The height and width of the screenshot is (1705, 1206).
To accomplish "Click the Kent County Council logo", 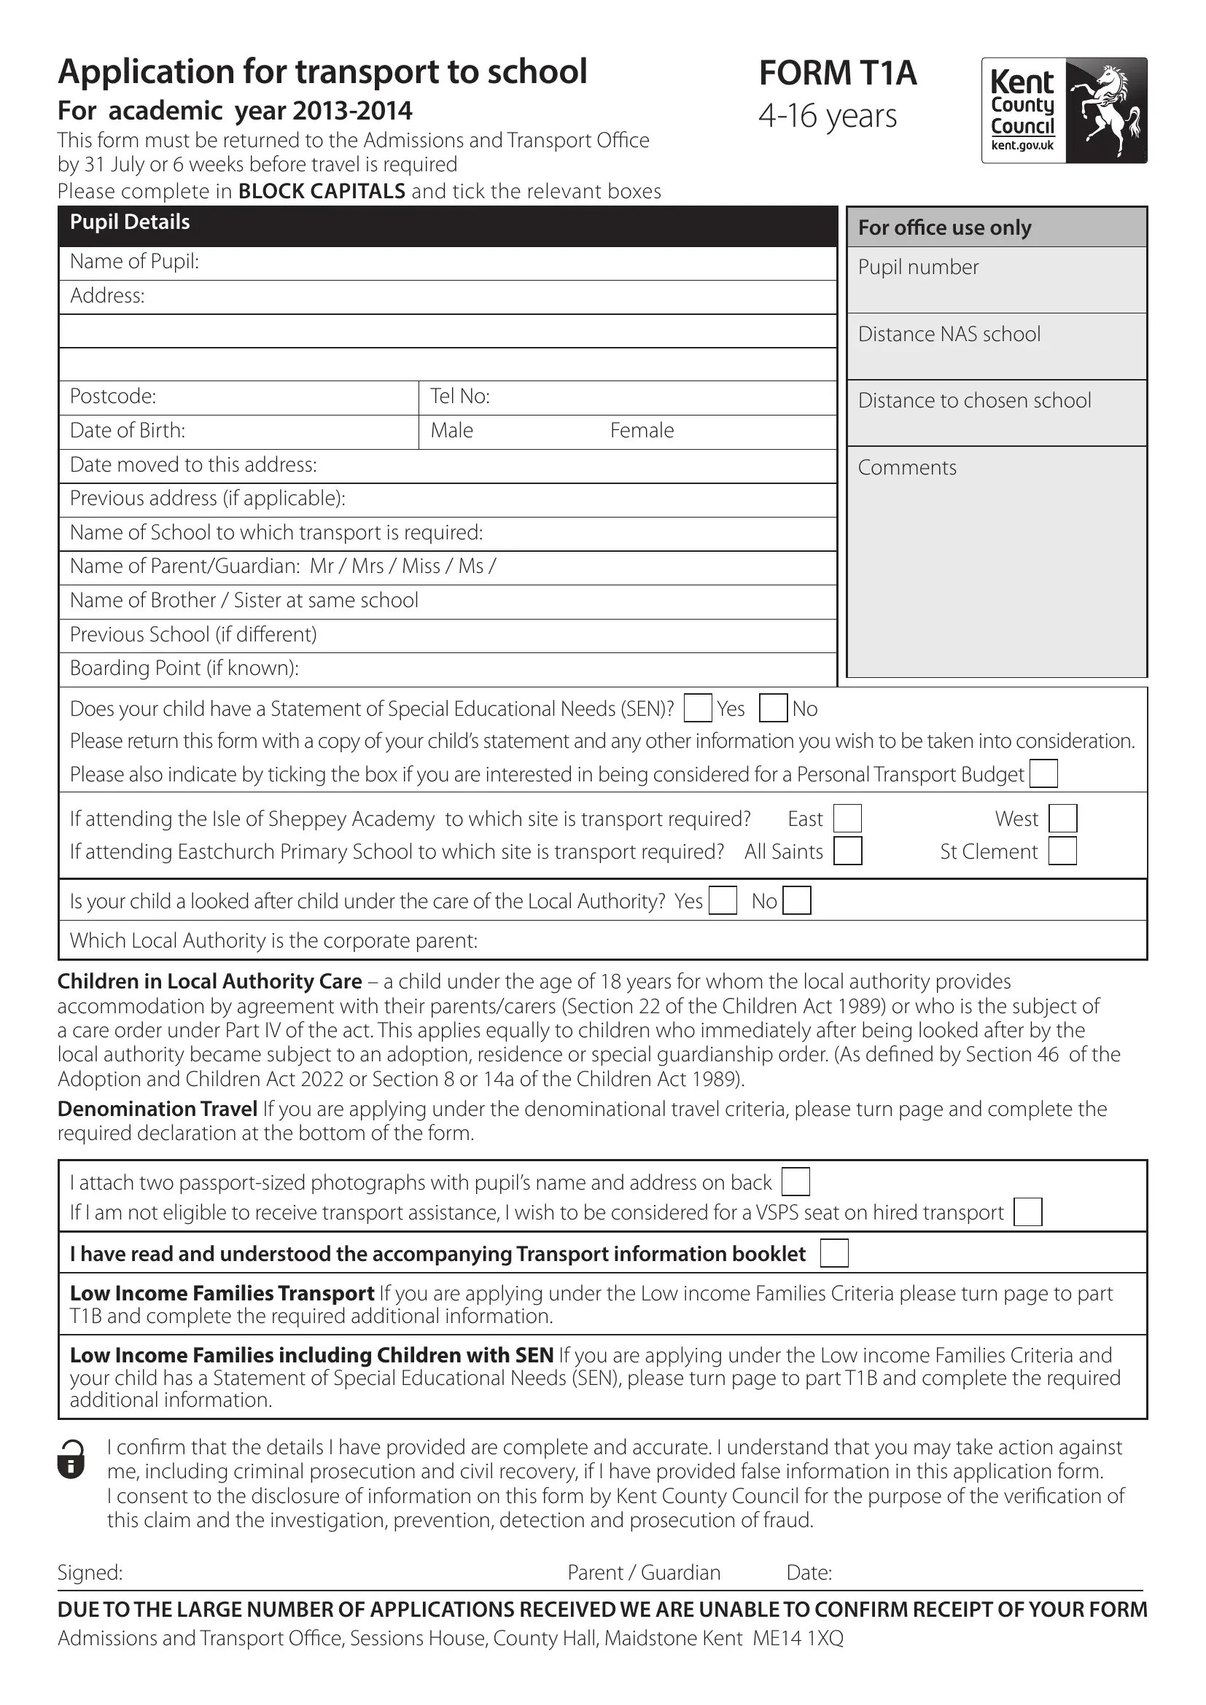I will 1063,110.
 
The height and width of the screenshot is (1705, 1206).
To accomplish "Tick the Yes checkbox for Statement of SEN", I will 697,708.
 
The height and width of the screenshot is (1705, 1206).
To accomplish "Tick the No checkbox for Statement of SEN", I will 773,708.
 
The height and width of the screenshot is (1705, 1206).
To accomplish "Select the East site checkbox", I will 847,819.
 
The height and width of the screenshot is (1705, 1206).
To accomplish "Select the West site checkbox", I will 1062,819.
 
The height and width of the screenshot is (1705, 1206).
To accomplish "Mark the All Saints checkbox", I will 847,851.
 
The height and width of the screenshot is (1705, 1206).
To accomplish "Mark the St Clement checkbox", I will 1062,851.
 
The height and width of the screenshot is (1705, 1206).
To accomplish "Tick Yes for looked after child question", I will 723,901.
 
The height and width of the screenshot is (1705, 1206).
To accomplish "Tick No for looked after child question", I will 797,901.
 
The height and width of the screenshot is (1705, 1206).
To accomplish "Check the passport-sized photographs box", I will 796,1182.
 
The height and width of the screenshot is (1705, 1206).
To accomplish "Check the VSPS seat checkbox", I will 1028,1212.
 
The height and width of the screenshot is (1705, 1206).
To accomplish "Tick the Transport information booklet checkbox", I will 834,1254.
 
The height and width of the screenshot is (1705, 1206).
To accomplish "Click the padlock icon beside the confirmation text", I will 71,1459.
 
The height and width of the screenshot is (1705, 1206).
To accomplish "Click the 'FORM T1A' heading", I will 838,73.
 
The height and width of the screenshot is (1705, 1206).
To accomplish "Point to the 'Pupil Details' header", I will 130,222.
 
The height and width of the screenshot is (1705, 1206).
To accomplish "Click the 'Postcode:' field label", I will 113,396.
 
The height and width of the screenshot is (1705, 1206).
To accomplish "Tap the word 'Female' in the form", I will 642,430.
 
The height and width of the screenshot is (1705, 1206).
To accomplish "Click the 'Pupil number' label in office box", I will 918,268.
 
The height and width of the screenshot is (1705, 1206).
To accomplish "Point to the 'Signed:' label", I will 90,1572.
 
